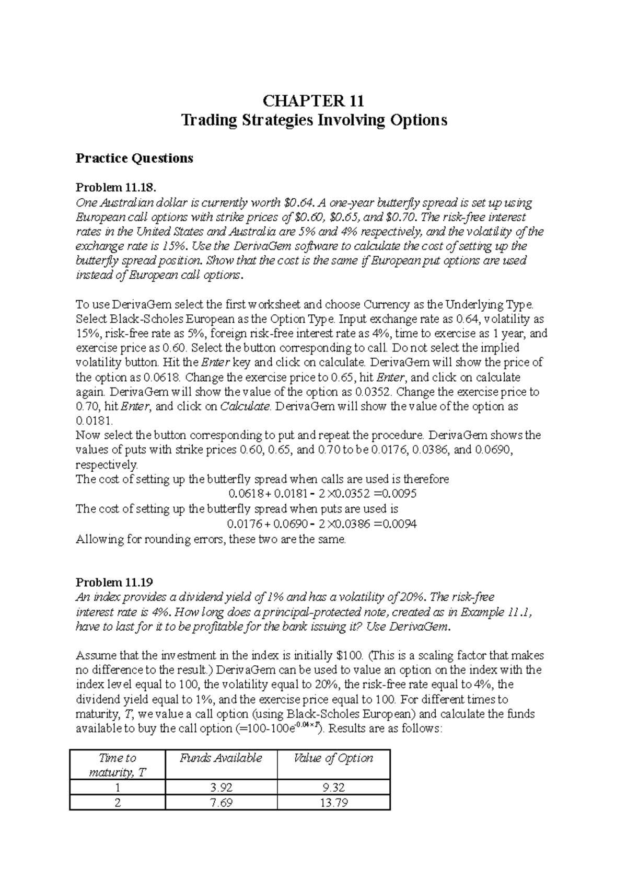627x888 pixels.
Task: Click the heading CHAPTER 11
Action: pos(313,100)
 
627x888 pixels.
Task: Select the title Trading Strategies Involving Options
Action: pos(313,120)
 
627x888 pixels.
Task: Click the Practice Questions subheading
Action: pos(134,158)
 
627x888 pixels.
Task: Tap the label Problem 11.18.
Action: pos(116,187)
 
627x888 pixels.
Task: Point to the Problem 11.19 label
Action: pos(114,582)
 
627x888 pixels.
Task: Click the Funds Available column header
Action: pos(220,758)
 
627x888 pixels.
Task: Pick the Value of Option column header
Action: pos(333,758)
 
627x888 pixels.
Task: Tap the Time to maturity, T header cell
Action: pos(117,765)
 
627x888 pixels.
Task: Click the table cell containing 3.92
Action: pos(220,788)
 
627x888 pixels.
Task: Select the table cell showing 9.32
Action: pos(333,788)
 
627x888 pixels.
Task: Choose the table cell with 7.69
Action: pos(220,803)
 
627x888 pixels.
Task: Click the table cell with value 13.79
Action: pos(333,803)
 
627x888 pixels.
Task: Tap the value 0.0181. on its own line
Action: pos(94,421)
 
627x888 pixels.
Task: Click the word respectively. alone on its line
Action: pos(107,464)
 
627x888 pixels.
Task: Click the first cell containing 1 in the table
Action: pos(117,788)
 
